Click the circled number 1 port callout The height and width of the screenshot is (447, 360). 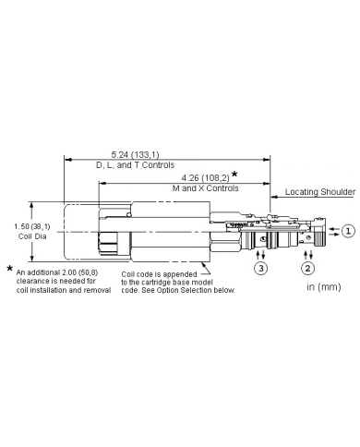348,231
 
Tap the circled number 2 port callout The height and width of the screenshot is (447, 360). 307,268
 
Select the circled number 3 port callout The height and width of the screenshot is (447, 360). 260,268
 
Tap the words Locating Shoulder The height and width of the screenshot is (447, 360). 320,192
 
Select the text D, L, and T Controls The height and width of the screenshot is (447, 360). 136,165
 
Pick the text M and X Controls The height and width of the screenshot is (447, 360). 205,188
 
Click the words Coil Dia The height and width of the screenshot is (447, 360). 32,236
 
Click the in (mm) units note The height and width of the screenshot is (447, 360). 324,287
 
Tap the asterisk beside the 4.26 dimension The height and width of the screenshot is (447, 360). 234,174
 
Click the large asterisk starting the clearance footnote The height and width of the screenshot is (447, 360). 10,269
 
